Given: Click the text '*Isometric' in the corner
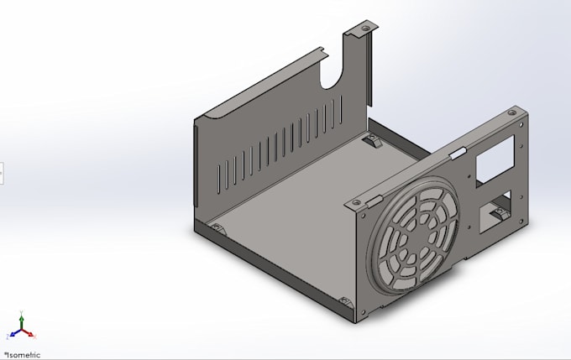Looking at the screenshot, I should coord(22,354).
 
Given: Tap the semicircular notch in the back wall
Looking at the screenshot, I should coord(335,72).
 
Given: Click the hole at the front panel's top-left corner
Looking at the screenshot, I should coord(358,204).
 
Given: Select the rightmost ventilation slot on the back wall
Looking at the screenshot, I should coord(342,110).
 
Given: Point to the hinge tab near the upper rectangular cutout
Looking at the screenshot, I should coord(458,154).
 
